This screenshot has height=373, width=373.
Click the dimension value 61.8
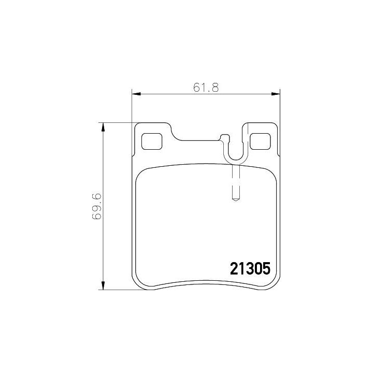coord(206,88)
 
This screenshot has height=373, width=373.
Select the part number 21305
coord(250,269)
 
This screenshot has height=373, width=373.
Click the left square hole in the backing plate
coord(152,140)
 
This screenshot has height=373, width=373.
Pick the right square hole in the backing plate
coord(261,140)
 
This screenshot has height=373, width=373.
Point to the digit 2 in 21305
coord(233,269)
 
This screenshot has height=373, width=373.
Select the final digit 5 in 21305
coord(267,269)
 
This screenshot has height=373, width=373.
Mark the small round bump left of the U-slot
coord(224,138)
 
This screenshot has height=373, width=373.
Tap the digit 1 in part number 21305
coord(241,269)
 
